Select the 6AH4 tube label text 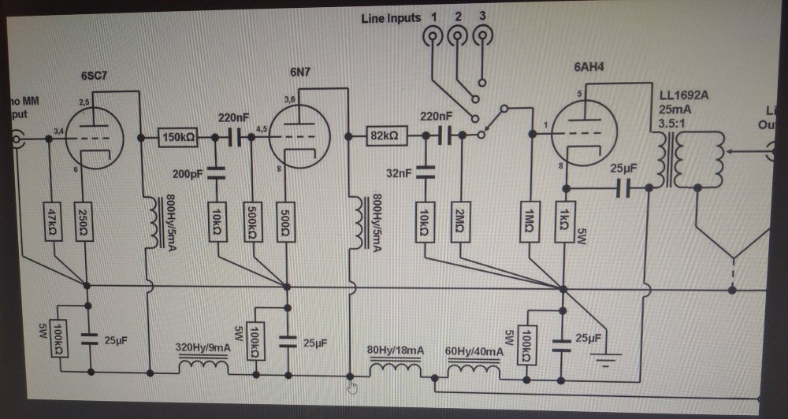pyautogui.click(x=591, y=69)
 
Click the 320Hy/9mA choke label pyautogui.click(x=203, y=347)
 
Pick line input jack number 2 pyautogui.click(x=456, y=35)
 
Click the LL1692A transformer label pyautogui.click(x=684, y=95)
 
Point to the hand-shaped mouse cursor pyautogui.click(x=352, y=386)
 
